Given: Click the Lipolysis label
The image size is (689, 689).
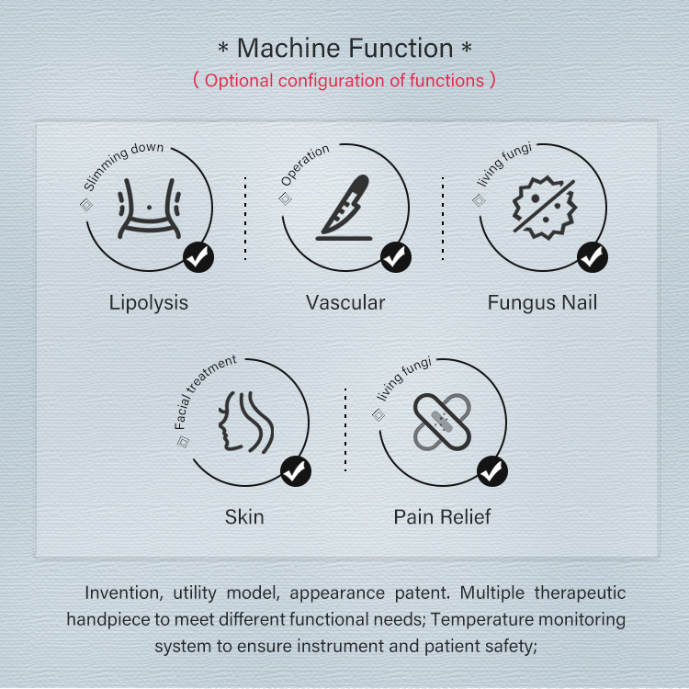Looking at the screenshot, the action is (149, 303).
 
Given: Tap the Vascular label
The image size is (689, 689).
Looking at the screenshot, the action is (345, 303).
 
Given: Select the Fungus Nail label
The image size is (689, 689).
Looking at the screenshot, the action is (542, 303).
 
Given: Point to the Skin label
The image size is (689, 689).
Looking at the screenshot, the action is (244, 517).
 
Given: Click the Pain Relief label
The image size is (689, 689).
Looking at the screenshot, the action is (442, 517).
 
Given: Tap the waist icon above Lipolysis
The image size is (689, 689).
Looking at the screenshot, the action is (149, 209).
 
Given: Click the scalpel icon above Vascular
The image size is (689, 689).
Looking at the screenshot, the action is (344, 208).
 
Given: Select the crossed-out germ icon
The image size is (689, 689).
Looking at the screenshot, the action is (545, 208).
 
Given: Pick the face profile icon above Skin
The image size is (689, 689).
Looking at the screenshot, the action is (246, 423).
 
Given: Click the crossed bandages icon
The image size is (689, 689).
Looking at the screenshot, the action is (442, 422).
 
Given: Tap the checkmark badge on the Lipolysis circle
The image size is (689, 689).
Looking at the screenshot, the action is (198, 257).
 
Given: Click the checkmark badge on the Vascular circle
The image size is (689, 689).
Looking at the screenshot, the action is (395, 257).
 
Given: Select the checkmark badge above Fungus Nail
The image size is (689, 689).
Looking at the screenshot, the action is (593, 257).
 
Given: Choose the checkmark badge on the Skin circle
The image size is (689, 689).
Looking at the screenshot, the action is (296, 471).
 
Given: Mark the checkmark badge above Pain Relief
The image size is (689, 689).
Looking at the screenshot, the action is (492, 471).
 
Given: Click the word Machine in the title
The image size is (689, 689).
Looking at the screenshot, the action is (289, 48).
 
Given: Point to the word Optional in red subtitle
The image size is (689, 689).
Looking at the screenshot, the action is (239, 81).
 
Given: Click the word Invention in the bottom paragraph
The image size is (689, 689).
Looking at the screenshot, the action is (124, 593).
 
